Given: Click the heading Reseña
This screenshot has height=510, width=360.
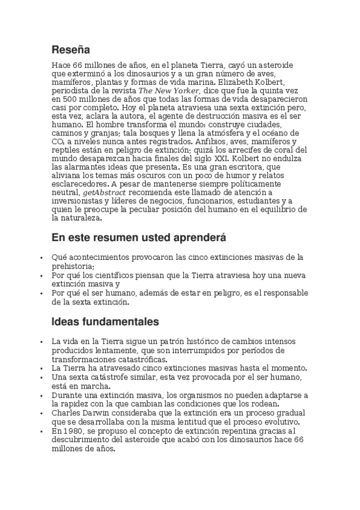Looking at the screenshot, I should [x=70, y=49].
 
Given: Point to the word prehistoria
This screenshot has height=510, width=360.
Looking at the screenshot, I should [x=73, y=266].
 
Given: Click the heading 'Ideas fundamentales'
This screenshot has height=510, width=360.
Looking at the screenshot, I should [x=105, y=321].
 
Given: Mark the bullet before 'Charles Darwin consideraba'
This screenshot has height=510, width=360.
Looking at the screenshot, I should [x=41, y=413].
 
